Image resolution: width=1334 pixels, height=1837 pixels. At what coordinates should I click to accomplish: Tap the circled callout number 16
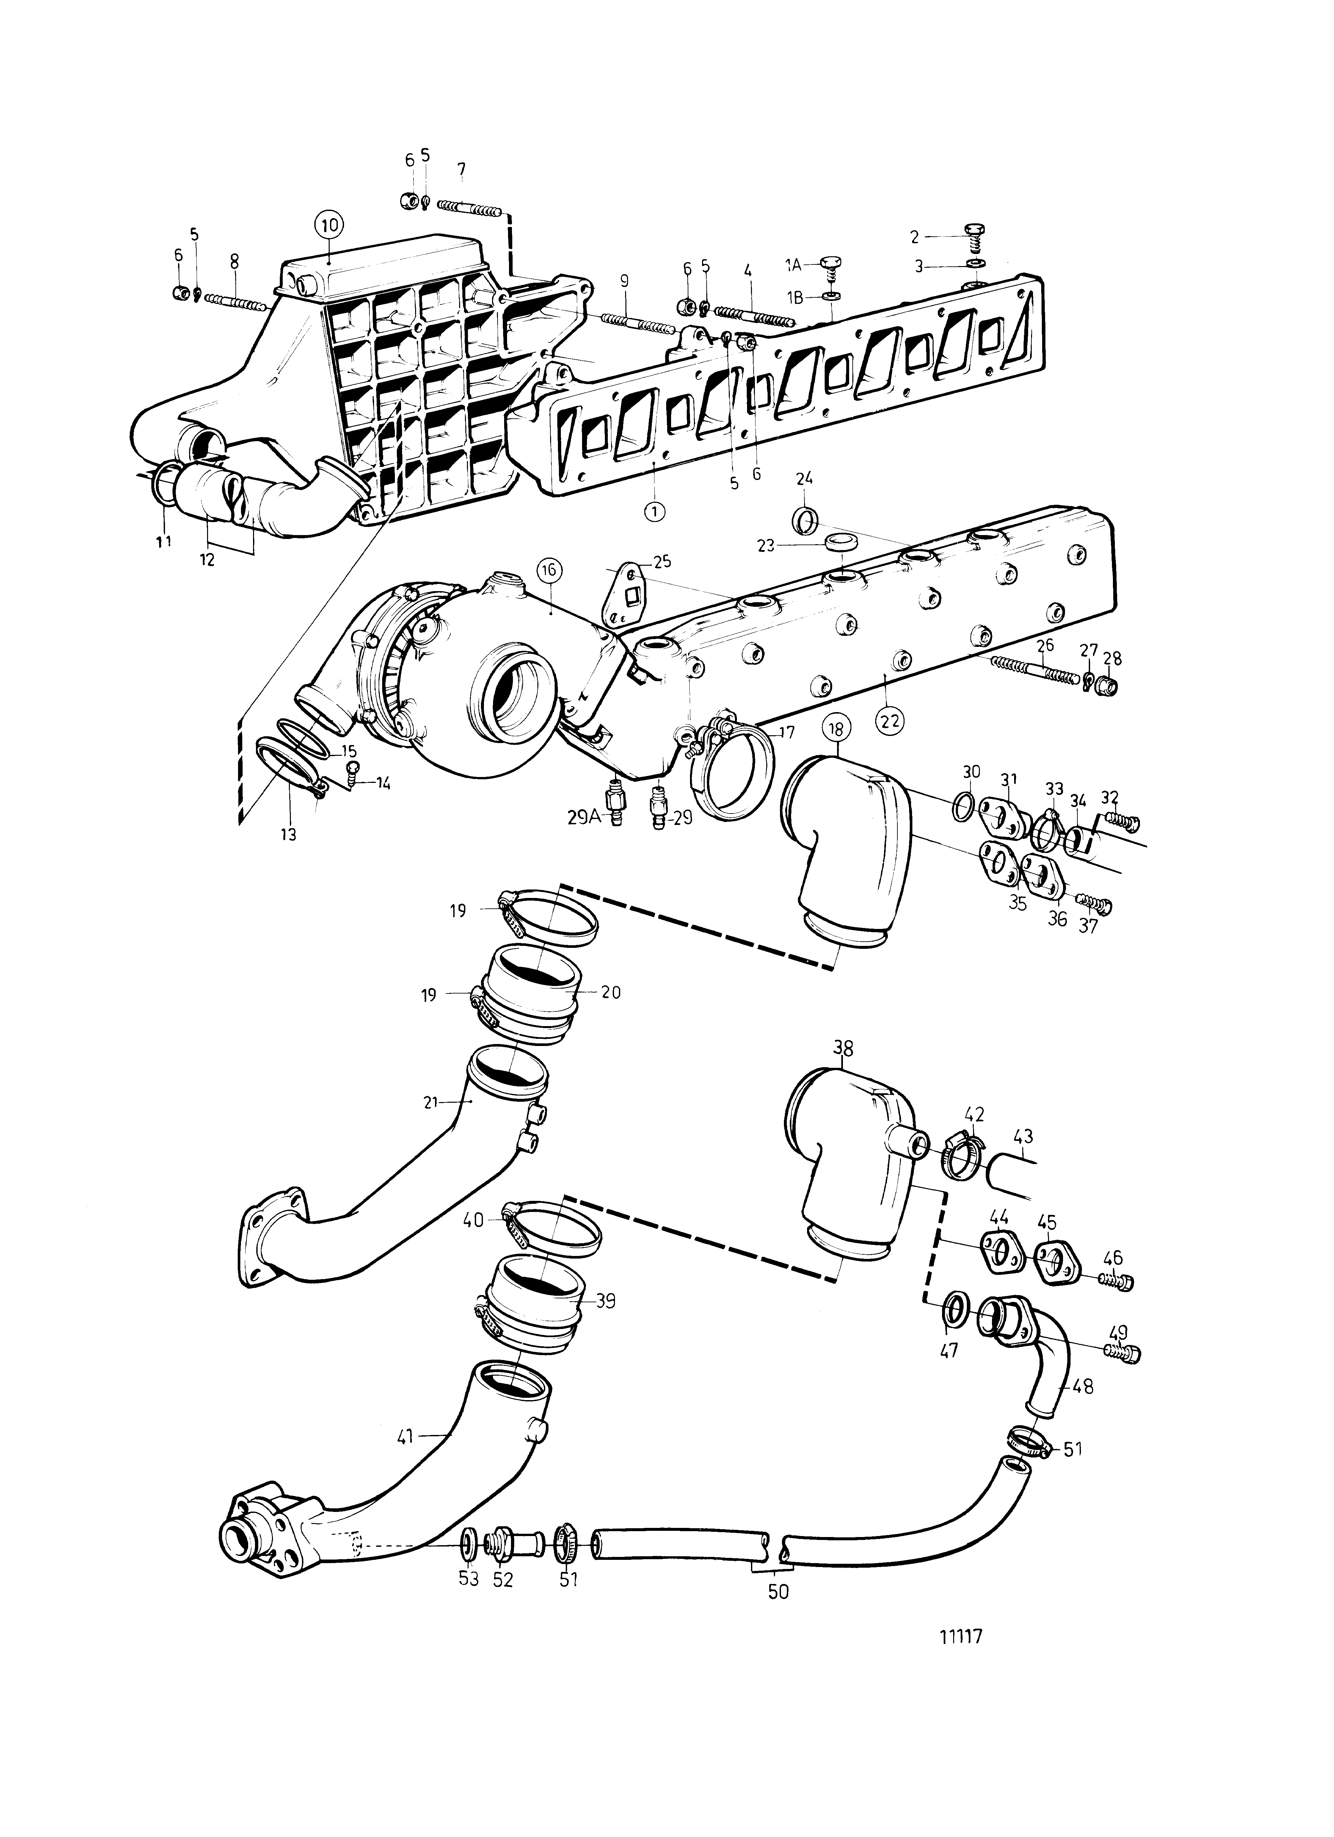point(548,570)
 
